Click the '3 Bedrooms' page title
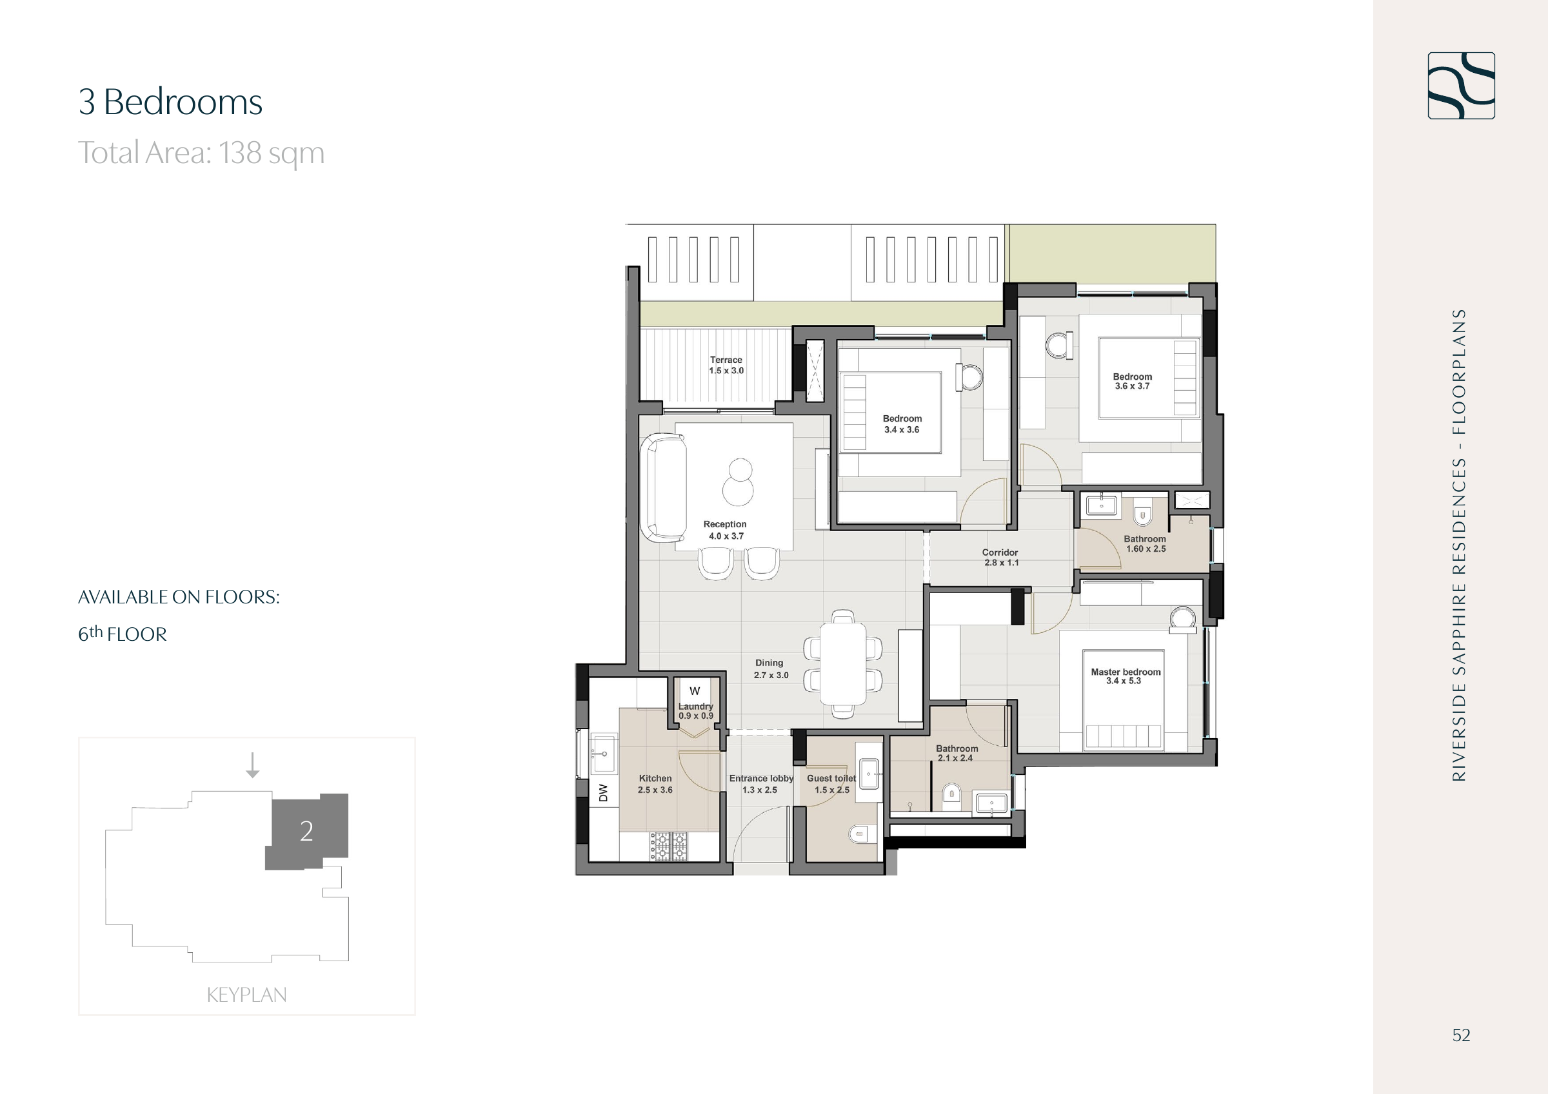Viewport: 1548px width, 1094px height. [x=170, y=102]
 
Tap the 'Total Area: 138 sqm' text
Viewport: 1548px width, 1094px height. [x=201, y=153]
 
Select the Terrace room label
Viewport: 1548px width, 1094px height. [x=726, y=366]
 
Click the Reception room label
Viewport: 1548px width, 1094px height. [x=726, y=530]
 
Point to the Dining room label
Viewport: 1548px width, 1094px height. [x=771, y=669]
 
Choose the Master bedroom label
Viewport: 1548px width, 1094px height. [x=1126, y=676]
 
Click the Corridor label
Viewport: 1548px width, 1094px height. [x=1000, y=558]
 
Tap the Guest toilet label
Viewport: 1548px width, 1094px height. [x=831, y=784]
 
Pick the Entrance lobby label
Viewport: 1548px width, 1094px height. [x=761, y=784]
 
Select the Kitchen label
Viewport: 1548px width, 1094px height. [x=655, y=784]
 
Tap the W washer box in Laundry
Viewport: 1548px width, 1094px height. [x=695, y=691]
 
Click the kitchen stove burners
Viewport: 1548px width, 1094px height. [x=668, y=846]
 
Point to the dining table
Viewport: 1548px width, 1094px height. [x=843, y=664]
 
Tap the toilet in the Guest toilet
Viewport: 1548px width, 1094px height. [x=860, y=834]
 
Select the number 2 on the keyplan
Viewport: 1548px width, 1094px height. [x=306, y=831]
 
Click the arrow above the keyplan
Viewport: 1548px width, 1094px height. [x=252, y=765]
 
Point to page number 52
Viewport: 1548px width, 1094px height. [x=1461, y=1035]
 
